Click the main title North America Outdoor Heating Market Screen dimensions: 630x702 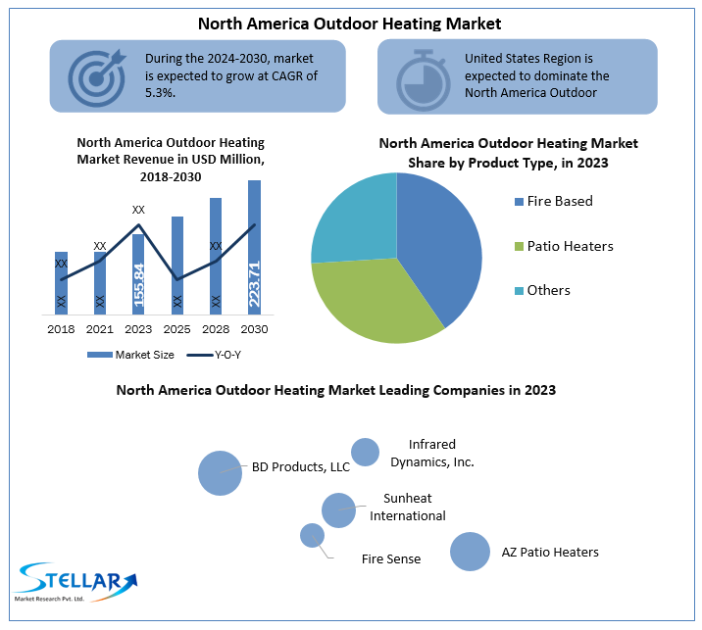[350, 22]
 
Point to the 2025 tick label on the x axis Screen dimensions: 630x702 [177, 329]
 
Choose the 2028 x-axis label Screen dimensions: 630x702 [216, 329]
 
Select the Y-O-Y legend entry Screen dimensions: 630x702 [219, 355]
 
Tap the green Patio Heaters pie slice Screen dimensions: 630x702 [373, 299]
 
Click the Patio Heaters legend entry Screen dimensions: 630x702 [570, 246]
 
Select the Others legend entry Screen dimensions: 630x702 [548, 290]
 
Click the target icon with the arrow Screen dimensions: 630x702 [97, 75]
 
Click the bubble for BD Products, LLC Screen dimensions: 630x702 [220, 472]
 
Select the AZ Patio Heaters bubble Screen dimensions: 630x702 [470, 552]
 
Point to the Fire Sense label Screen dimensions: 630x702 [391, 559]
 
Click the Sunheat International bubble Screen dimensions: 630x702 [338, 509]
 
